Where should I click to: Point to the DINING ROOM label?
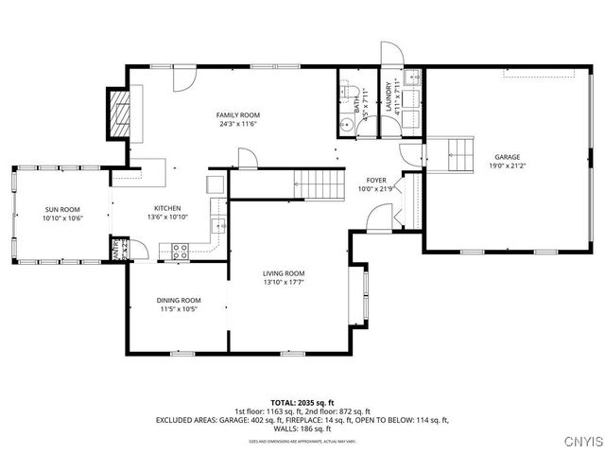point(179,300)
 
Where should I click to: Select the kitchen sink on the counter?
point(216,225)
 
